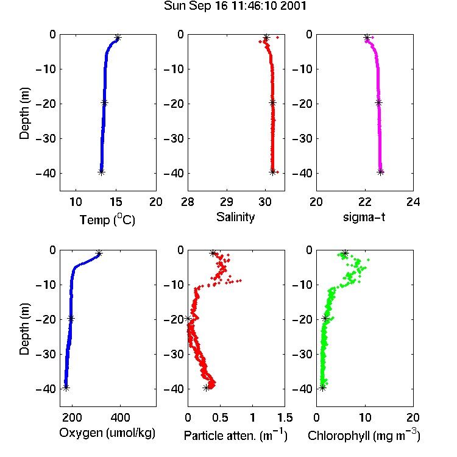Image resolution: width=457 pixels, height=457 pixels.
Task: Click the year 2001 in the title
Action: (x=293, y=6)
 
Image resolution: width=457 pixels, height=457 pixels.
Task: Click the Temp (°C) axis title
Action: (x=107, y=219)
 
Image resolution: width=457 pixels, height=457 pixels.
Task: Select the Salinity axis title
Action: (x=235, y=218)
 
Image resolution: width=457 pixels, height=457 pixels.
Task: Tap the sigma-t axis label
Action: (x=364, y=217)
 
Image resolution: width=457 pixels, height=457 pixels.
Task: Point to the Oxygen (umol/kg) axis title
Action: (x=107, y=433)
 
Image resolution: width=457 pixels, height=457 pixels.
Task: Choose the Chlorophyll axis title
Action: (x=364, y=435)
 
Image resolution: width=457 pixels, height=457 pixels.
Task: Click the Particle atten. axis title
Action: (x=235, y=435)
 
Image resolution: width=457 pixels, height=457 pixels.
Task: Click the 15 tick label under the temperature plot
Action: (x=116, y=202)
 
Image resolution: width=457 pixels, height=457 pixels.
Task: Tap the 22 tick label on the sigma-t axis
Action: (x=364, y=202)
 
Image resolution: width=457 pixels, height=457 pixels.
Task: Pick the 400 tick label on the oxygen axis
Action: (x=120, y=417)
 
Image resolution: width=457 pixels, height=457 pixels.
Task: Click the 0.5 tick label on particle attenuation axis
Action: (x=220, y=417)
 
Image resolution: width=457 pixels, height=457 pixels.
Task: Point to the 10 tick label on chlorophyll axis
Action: (x=364, y=417)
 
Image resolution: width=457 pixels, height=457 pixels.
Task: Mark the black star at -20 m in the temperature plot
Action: (x=104, y=102)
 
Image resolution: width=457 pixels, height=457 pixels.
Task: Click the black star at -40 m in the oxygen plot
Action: (x=66, y=388)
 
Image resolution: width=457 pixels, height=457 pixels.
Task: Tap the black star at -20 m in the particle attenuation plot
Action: (x=188, y=319)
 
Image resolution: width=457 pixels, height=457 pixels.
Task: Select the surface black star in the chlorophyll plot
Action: (x=345, y=253)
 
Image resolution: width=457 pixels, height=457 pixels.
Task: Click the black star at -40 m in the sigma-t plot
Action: (x=380, y=172)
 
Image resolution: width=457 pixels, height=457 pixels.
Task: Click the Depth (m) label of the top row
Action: (x=24, y=113)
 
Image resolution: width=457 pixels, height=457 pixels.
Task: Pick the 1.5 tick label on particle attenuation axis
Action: (x=285, y=417)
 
